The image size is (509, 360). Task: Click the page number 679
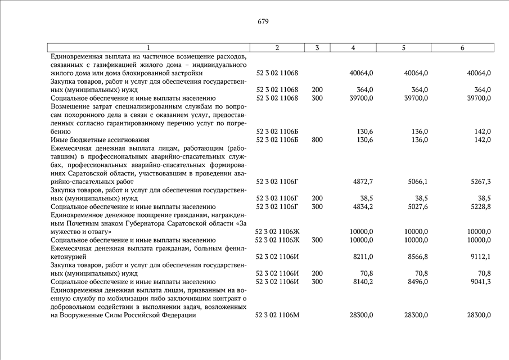[263, 22]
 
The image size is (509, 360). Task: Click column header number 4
[352, 48]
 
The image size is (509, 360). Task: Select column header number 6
[462, 48]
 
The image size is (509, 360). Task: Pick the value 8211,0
[362, 257]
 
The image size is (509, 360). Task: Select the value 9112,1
[479, 257]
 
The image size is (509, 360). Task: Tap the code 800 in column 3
[317, 139]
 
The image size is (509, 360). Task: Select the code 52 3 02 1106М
[277, 315]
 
